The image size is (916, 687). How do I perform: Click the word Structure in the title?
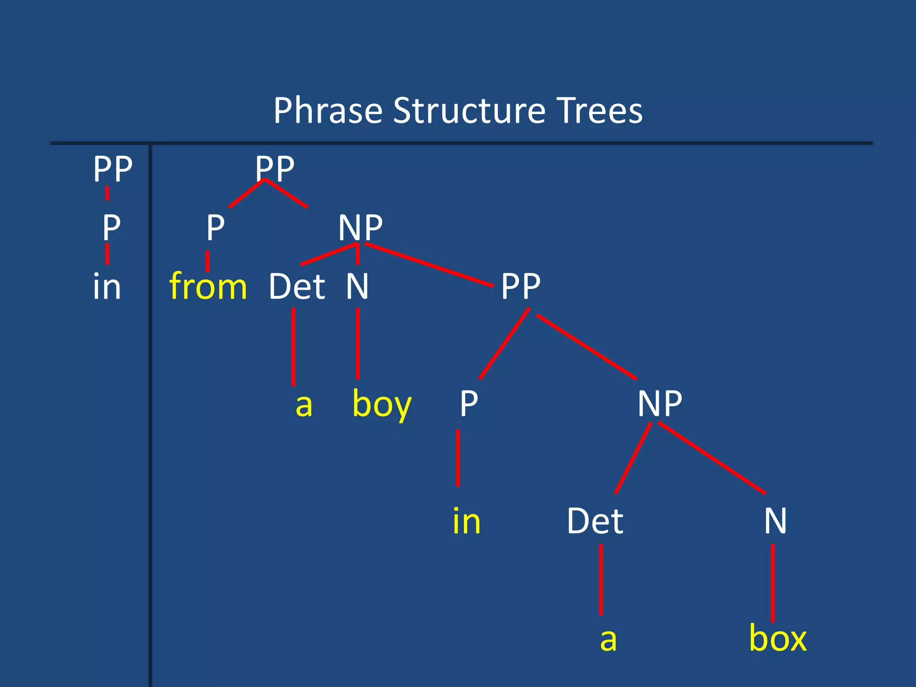point(469,110)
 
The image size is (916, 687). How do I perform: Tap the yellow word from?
point(208,286)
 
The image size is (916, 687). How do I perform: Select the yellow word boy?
point(382,404)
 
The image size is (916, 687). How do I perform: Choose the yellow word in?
point(466,521)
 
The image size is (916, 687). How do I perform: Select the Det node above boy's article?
point(297,286)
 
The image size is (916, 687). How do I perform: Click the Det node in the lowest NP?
point(595,521)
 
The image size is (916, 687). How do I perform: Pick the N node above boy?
point(357,286)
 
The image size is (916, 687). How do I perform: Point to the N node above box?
point(775,521)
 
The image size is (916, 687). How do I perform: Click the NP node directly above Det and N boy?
point(360,228)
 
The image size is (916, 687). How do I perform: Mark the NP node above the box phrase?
point(660,403)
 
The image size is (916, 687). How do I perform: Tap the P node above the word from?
point(215,228)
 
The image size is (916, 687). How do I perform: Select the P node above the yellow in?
point(469,403)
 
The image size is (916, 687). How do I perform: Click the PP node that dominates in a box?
point(521,286)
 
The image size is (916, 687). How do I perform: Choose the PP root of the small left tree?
point(113,169)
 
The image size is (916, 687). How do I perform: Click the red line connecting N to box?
point(773,581)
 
